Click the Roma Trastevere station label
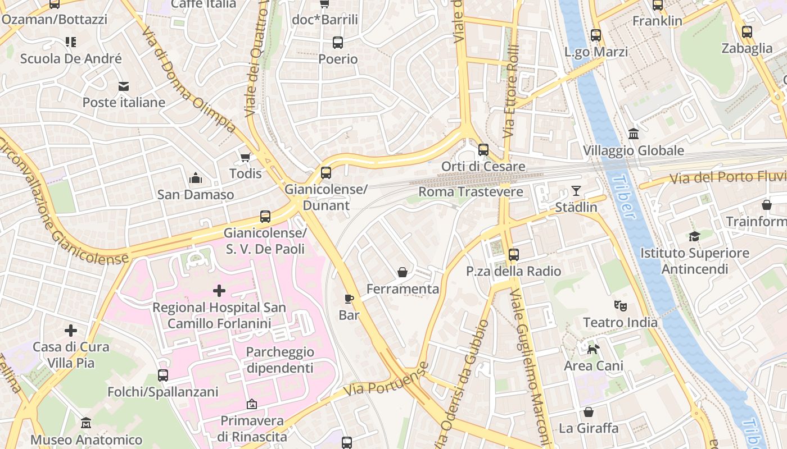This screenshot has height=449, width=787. pyautogui.click(x=471, y=192)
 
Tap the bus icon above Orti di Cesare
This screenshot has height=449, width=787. pyautogui.click(x=483, y=150)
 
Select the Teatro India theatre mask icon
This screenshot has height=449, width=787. pyautogui.click(x=621, y=306)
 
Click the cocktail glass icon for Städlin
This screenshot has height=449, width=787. pyautogui.click(x=576, y=191)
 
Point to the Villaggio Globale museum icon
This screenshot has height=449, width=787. pyautogui.click(x=634, y=134)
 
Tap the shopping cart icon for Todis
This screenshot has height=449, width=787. pyautogui.click(x=245, y=157)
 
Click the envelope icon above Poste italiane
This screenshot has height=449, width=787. pyautogui.click(x=124, y=86)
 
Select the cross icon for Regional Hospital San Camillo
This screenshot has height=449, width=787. pyautogui.click(x=219, y=291)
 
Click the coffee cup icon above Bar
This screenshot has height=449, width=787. pyautogui.click(x=349, y=299)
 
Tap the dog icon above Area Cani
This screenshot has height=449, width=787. pyautogui.click(x=593, y=350)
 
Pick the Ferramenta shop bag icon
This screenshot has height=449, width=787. pyautogui.click(x=402, y=273)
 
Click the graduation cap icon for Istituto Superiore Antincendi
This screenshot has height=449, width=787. pyautogui.click(x=694, y=237)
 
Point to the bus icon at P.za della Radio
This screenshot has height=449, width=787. pyautogui.click(x=513, y=255)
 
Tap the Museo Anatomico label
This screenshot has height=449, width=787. pyautogui.click(x=86, y=439)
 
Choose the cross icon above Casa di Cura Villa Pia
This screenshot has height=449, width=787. pyautogui.click(x=71, y=331)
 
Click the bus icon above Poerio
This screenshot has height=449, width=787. pyautogui.click(x=338, y=43)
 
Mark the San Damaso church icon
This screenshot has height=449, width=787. pyautogui.click(x=196, y=178)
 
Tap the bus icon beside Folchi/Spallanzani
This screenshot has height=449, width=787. pyautogui.click(x=163, y=375)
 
